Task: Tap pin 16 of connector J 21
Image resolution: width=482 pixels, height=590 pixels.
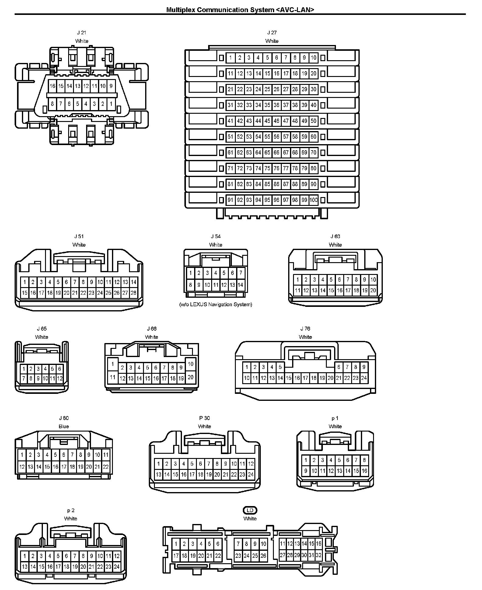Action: [x=53, y=86]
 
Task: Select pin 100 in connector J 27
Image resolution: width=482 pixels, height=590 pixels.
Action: [x=313, y=200]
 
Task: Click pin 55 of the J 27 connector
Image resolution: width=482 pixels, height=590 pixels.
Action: [x=267, y=137]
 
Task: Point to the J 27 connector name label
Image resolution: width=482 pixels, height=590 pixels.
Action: [x=272, y=33]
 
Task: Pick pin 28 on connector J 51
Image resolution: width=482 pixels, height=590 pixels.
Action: [x=133, y=293]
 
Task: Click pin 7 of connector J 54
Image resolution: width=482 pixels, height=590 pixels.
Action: [x=240, y=273]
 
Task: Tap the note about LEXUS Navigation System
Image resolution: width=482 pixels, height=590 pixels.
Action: [x=216, y=304]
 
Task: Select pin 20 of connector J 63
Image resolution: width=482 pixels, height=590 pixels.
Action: [x=373, y=290]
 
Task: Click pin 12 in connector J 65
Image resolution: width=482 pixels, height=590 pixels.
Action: [x=60, y=379]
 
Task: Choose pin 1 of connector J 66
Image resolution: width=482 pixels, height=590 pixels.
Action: [x=113, y=364]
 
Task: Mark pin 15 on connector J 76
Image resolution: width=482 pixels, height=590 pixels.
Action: [x=288, y=378]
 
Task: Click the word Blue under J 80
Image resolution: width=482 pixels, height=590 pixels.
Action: [x=64, y=426]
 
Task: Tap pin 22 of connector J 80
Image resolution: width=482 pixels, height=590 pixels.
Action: [x=106, y=467]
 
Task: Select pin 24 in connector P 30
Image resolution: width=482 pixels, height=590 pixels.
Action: [x=251, y=474]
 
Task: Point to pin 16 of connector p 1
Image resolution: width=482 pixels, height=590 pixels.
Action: [x=365, y=471]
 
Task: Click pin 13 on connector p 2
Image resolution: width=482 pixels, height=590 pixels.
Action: [x=25, y=567]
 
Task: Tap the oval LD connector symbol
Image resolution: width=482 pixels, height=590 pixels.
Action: [x=250, y=510]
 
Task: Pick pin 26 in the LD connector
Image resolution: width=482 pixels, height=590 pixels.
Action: [x=264, y=556]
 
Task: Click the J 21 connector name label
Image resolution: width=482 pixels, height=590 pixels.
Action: [x=82, y=33]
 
